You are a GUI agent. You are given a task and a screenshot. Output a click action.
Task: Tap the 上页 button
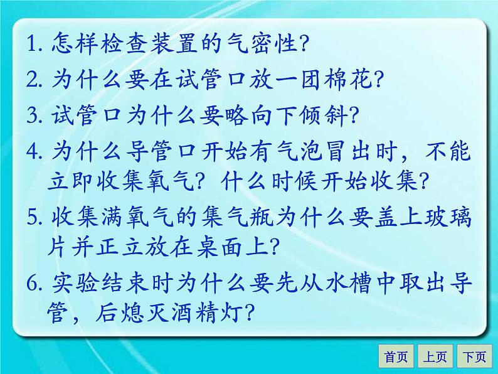coord(435,357)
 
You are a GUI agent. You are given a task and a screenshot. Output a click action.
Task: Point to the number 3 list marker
coord(33,115)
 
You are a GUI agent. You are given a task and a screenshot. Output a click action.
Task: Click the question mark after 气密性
coord(301,46)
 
